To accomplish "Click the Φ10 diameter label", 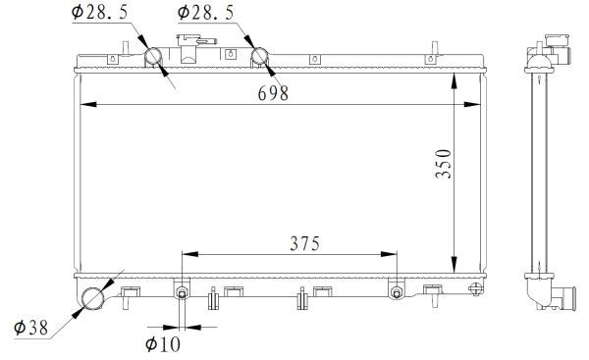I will pos(163,343).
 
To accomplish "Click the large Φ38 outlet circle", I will pos(94,298).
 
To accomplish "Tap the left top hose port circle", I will pos(156,57).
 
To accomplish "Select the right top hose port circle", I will pos(262,57).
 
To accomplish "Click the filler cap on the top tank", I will pos(193,44).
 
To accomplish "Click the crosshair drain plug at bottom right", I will pos(476,289).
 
